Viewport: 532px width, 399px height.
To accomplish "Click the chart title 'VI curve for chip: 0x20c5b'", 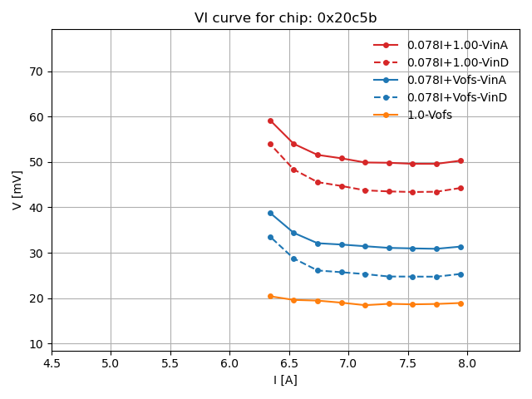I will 284,18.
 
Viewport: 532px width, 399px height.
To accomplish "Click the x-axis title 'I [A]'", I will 285,380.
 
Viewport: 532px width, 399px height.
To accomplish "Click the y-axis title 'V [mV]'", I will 18,190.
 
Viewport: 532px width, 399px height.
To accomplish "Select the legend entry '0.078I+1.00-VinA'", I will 456,45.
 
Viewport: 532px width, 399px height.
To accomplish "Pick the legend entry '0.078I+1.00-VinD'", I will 457,62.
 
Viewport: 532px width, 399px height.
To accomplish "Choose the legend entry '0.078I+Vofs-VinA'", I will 456,80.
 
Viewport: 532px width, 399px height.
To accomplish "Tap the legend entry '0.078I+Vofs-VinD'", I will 456,97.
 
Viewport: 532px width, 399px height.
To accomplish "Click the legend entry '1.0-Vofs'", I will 429,115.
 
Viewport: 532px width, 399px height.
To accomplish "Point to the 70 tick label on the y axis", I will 37,71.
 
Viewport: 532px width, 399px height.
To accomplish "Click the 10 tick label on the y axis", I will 37,344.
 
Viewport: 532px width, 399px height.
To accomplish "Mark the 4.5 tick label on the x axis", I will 52,363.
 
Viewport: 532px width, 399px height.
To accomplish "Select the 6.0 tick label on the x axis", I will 229,363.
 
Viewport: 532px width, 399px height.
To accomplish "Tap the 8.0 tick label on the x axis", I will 467,363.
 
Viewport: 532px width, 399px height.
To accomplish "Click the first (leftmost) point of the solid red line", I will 270,121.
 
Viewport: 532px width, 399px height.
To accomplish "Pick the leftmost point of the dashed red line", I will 270,144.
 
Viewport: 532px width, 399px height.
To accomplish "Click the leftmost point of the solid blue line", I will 270,213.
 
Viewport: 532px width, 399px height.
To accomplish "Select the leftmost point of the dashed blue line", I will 270,237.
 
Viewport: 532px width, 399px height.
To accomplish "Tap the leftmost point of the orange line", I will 270,296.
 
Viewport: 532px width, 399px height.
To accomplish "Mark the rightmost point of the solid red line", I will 461,160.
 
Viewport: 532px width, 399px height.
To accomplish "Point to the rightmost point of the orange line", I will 461,303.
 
